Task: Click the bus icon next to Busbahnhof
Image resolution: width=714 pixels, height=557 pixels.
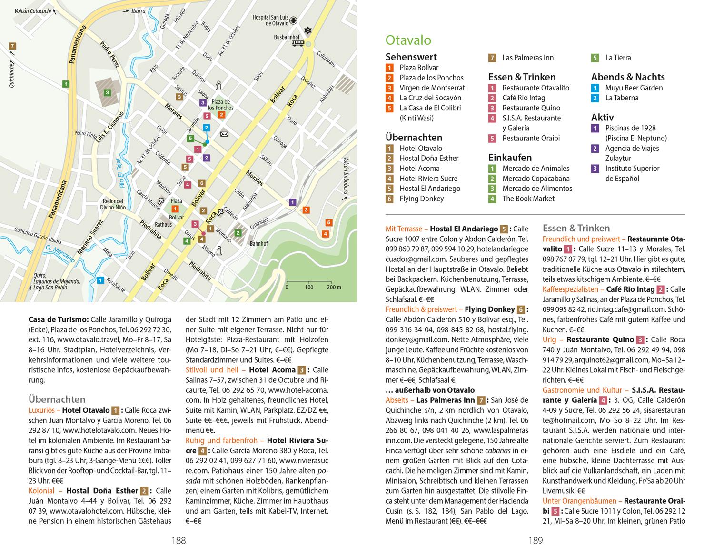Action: point(298,44)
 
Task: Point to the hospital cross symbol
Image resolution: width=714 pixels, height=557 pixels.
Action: point(294,21)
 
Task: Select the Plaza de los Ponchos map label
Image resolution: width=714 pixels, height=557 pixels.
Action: point(221,105)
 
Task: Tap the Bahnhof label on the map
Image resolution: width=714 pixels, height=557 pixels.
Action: point(258,244)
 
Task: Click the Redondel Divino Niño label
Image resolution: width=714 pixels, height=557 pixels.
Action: point(112,204)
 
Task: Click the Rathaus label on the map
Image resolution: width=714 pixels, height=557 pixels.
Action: point(163,224)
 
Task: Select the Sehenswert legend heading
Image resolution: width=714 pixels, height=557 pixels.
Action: point(411,57)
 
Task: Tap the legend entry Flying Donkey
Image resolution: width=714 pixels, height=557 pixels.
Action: point(421,199)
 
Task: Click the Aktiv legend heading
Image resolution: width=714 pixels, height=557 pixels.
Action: point(602,117)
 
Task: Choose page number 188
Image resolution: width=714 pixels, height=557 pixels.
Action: point(178,540)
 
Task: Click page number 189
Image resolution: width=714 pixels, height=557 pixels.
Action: point(535,540)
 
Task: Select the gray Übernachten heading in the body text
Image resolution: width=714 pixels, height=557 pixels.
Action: point(57,399)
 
